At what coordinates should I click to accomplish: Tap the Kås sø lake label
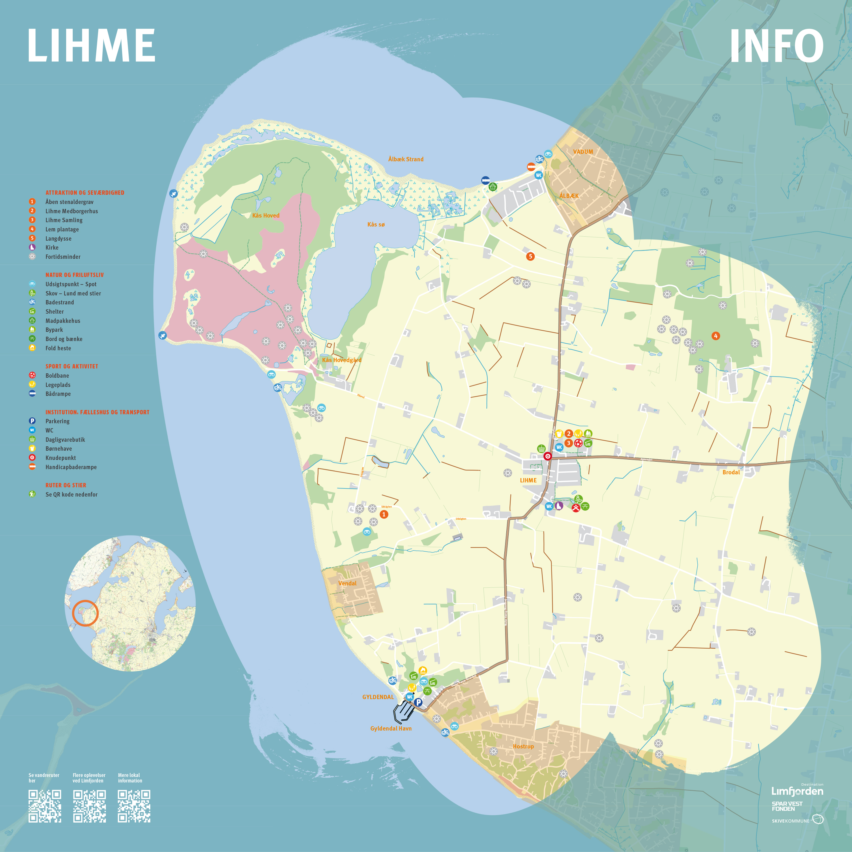[376, 224]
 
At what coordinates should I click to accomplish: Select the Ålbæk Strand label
[406, 159]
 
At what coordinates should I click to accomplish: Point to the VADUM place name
[583, 152]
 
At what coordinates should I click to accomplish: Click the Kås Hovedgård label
[342, 360]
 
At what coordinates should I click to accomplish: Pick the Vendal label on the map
[347, 583]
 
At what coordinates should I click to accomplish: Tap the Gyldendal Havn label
[391, 729]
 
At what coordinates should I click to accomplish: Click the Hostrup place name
[523, 746]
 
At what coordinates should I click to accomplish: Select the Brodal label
[731, 472]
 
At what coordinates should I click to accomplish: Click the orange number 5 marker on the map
[531, 256]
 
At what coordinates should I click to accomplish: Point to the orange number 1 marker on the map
[384, 514]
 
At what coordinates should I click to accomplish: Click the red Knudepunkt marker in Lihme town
[548, 456]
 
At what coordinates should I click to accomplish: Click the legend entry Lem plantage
[62, 229]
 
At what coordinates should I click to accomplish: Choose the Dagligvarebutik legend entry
[65, 440]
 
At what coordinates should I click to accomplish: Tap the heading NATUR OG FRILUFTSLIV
[74, 275]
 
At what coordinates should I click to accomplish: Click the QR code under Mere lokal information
[134, 806]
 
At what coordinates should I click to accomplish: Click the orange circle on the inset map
[85, 613]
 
